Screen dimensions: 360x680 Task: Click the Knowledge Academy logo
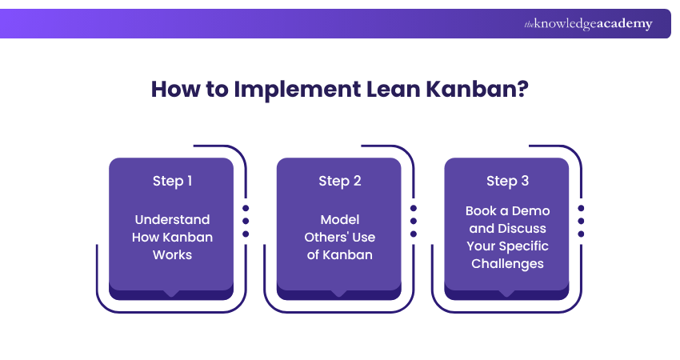coord(588,24)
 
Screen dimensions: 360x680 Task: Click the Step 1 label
coord(172,181)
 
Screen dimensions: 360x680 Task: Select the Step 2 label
coord(340,181)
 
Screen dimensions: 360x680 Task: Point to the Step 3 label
coord(507,181)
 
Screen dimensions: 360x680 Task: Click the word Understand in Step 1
coord(172,220)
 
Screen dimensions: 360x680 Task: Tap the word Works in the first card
coord(172,254)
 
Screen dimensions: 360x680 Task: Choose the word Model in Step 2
coord(340,220)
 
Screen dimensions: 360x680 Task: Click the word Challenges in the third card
coord(507,263)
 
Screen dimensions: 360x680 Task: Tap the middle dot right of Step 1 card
coord(246,221)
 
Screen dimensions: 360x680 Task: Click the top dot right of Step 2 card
coord(414,208)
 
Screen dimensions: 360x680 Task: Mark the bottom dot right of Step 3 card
coord(581,234)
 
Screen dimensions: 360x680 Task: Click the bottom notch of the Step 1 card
coord(171,294)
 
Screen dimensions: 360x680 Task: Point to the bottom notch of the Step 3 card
coord(506,294)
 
